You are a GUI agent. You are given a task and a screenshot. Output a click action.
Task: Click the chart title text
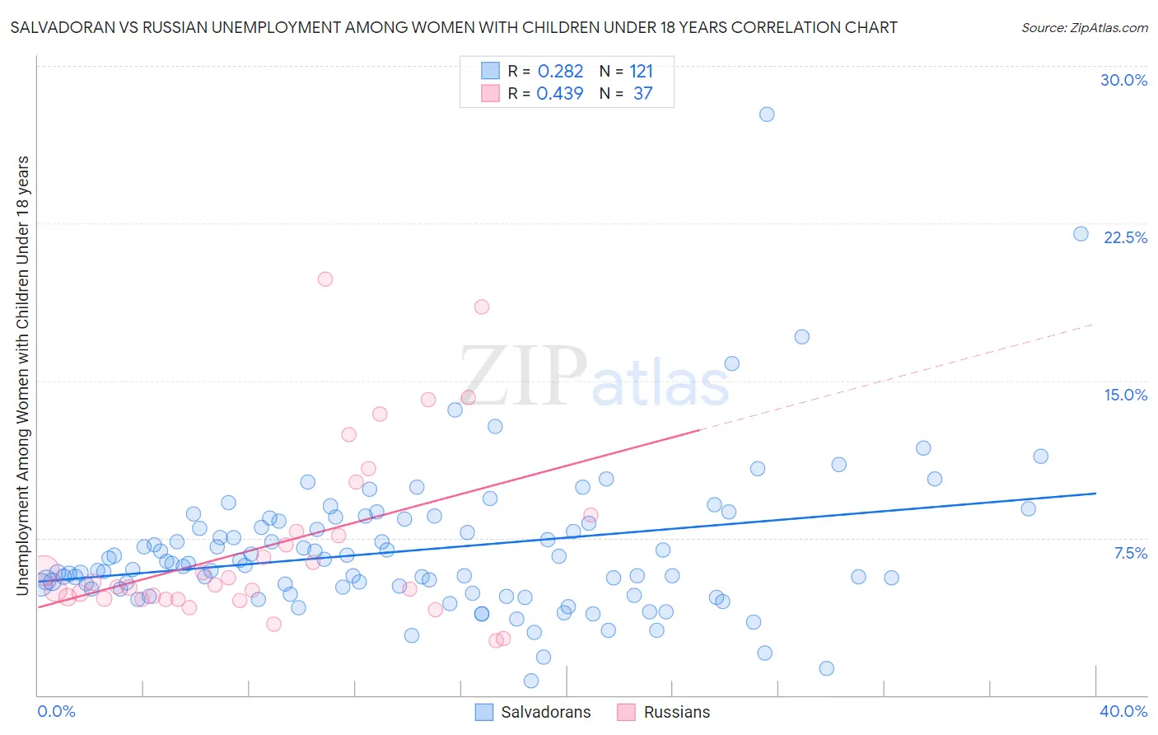454,27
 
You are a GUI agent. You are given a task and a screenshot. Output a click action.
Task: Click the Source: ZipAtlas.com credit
1084,27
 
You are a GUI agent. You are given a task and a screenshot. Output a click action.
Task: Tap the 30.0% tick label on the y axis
1123,80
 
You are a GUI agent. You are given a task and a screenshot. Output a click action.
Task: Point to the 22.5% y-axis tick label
1125,237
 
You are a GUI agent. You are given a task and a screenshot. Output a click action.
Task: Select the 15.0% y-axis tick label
1125,395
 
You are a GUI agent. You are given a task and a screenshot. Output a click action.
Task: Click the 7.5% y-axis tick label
1130,553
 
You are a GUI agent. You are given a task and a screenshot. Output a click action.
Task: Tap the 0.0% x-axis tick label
56,711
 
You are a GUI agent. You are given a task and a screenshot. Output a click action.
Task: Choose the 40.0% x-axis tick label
1123,711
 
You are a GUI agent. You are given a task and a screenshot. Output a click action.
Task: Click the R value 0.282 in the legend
560,72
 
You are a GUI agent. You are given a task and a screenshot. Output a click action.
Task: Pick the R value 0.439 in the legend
560,94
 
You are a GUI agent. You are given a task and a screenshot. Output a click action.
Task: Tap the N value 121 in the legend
641,72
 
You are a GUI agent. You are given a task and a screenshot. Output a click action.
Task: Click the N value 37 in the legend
642,94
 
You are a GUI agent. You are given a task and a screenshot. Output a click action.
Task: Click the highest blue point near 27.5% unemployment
767,115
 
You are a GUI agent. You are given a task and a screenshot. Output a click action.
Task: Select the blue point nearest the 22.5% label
1081,234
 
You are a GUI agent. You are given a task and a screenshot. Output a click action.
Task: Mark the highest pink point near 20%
325,279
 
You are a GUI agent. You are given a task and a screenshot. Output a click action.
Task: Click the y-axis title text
22,375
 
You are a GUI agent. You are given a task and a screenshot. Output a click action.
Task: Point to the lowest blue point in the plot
531,681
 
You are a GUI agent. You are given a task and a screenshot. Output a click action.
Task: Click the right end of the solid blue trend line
1095,493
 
